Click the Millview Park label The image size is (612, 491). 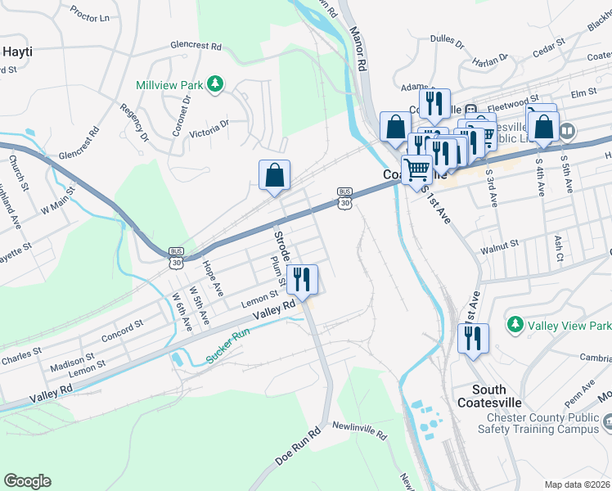170,84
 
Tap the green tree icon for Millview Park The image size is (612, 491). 215,83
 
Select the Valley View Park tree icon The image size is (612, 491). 515,325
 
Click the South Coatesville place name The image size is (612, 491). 500,397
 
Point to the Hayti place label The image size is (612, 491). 18,51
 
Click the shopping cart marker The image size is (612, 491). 417,171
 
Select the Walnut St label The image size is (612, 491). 501,244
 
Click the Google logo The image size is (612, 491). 27,481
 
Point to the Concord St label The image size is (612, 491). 122,331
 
